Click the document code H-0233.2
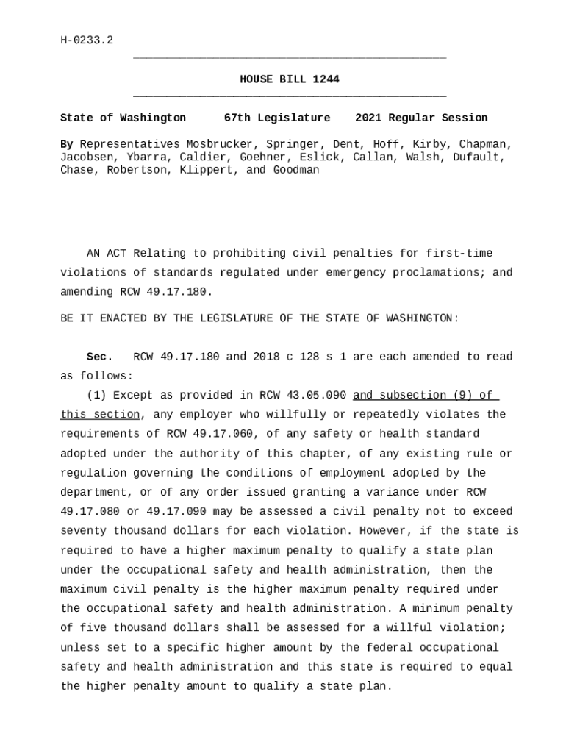tap(87, 40)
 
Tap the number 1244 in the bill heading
tap(326, 79)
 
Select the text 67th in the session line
tap(237, 118)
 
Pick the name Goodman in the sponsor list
tap(296, 170)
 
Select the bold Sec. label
tap(100, 357)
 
